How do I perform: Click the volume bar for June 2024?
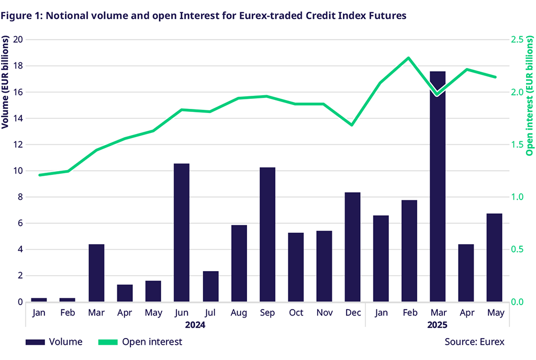point(181,233)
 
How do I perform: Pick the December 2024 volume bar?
point(352,247)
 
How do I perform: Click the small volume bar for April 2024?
point(125,293)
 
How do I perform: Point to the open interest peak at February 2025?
point(409,58)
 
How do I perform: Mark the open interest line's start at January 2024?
point(40,175)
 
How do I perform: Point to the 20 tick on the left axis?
point(18,40)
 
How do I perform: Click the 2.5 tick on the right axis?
point(517,40)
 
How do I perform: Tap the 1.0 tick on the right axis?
point(517,197)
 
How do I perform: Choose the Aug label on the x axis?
point(239,313)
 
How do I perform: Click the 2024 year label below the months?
point(195,325)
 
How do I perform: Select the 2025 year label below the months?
point(437,325)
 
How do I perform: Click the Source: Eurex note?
point(474,342)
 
